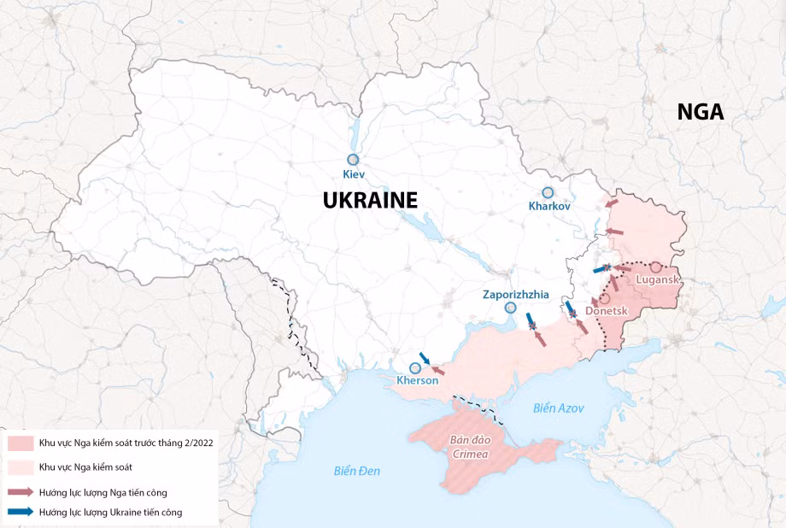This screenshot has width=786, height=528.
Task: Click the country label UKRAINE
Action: coord(370,201)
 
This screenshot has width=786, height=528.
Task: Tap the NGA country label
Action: coord(700,112)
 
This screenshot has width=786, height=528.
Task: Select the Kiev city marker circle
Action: coord(352,160)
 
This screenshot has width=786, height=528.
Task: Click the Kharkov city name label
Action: coord(548,207)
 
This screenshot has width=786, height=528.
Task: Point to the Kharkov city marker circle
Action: coord(548,193)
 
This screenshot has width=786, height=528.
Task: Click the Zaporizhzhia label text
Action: coord(515,294)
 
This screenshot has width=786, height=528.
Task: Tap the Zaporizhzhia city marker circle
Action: coord(511,308)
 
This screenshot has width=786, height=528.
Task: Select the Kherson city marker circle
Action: coord(415,367)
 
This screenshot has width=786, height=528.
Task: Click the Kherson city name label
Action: coord(418,381)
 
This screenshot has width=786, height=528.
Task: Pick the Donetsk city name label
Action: coord(607,312)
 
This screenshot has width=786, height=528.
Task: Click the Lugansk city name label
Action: coord(658,280)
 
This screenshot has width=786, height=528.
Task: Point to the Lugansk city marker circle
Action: coord(655,267)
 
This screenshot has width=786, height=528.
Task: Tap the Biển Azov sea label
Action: coord(559,408)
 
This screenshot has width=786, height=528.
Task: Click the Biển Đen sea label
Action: coord(357,471)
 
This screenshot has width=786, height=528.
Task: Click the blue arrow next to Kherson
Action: coord(425,359)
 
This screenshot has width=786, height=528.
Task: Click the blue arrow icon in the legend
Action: coord(21,512)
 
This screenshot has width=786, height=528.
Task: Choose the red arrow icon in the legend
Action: coord(21,492)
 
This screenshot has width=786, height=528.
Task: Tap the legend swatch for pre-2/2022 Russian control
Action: coord(21,444)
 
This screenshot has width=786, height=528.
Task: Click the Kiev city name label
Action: coord(353,174)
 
